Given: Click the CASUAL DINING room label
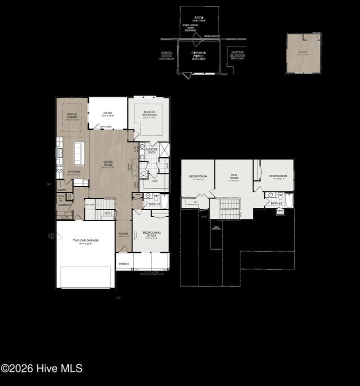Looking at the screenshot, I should (x=72, y=116).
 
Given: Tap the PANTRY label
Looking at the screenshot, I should (x=62, y=190).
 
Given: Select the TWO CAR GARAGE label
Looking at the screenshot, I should (x=85, y=241).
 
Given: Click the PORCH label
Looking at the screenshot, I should (x=123, y=264).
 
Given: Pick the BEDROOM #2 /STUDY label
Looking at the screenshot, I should (x=150, y=234).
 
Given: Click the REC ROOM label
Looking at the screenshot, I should (x=233, y=176).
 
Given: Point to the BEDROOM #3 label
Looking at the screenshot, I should (x=278, y=176).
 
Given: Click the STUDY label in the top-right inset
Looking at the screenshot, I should (x=302, y=51).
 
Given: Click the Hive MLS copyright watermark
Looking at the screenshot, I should (x=42, y=369).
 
